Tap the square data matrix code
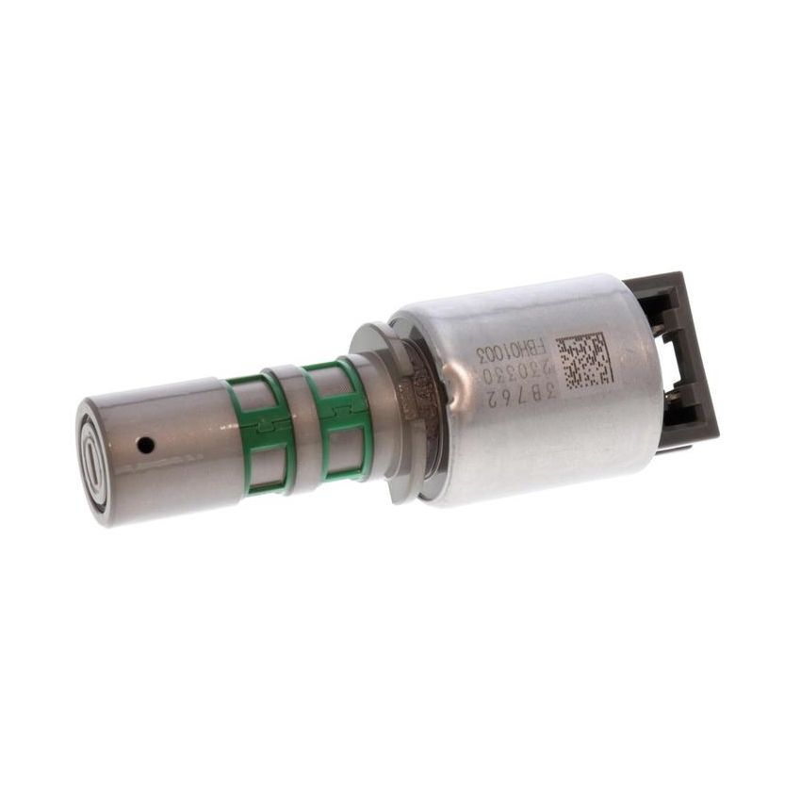[x=584, y=362]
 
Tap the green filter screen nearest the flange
[x=335, y=417]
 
